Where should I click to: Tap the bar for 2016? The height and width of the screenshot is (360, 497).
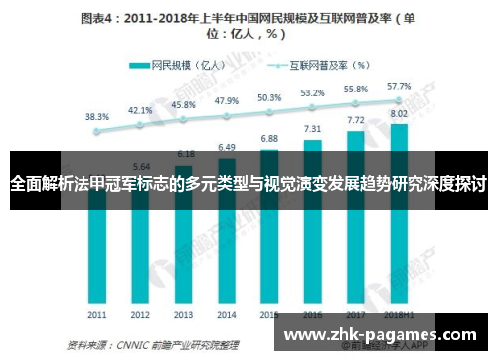click(x=312, y=239)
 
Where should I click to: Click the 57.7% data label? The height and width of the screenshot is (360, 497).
click(x=399, y=86)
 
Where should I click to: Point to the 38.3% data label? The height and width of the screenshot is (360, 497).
click(x=96, y=116)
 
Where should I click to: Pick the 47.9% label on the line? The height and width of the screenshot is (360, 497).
click(x=226, y=100)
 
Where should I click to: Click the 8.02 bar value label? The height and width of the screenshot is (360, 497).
click(x=399, y=113)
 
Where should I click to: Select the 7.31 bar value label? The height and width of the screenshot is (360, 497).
click(x=312, y=128)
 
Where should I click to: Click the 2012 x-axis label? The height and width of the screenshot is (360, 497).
click(x=140, y=314)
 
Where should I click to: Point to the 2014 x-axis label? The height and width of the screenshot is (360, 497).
click(x=226, y=314)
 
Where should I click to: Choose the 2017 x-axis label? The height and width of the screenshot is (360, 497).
click(x=355, y=314)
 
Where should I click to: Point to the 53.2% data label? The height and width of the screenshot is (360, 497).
click(x=312, y=93)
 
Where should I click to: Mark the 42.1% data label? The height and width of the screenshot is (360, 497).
click(x=140, y=110)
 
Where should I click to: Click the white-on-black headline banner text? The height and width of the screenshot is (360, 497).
click(x=248, y=185)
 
